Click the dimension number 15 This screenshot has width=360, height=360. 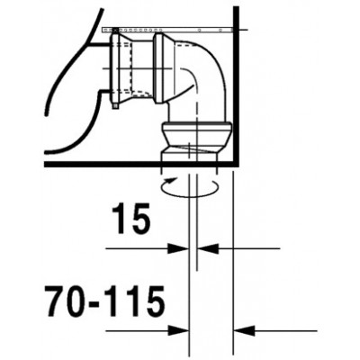[x=130, y=219]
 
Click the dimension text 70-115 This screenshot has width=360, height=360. [x=105, y=301]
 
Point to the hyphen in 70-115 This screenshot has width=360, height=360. [x=95, y=303]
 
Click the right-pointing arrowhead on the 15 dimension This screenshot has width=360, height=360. [x=178, y=248]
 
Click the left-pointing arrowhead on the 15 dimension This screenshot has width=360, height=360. [x=208, y=248]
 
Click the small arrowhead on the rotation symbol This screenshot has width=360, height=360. [x=170, y=180]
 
